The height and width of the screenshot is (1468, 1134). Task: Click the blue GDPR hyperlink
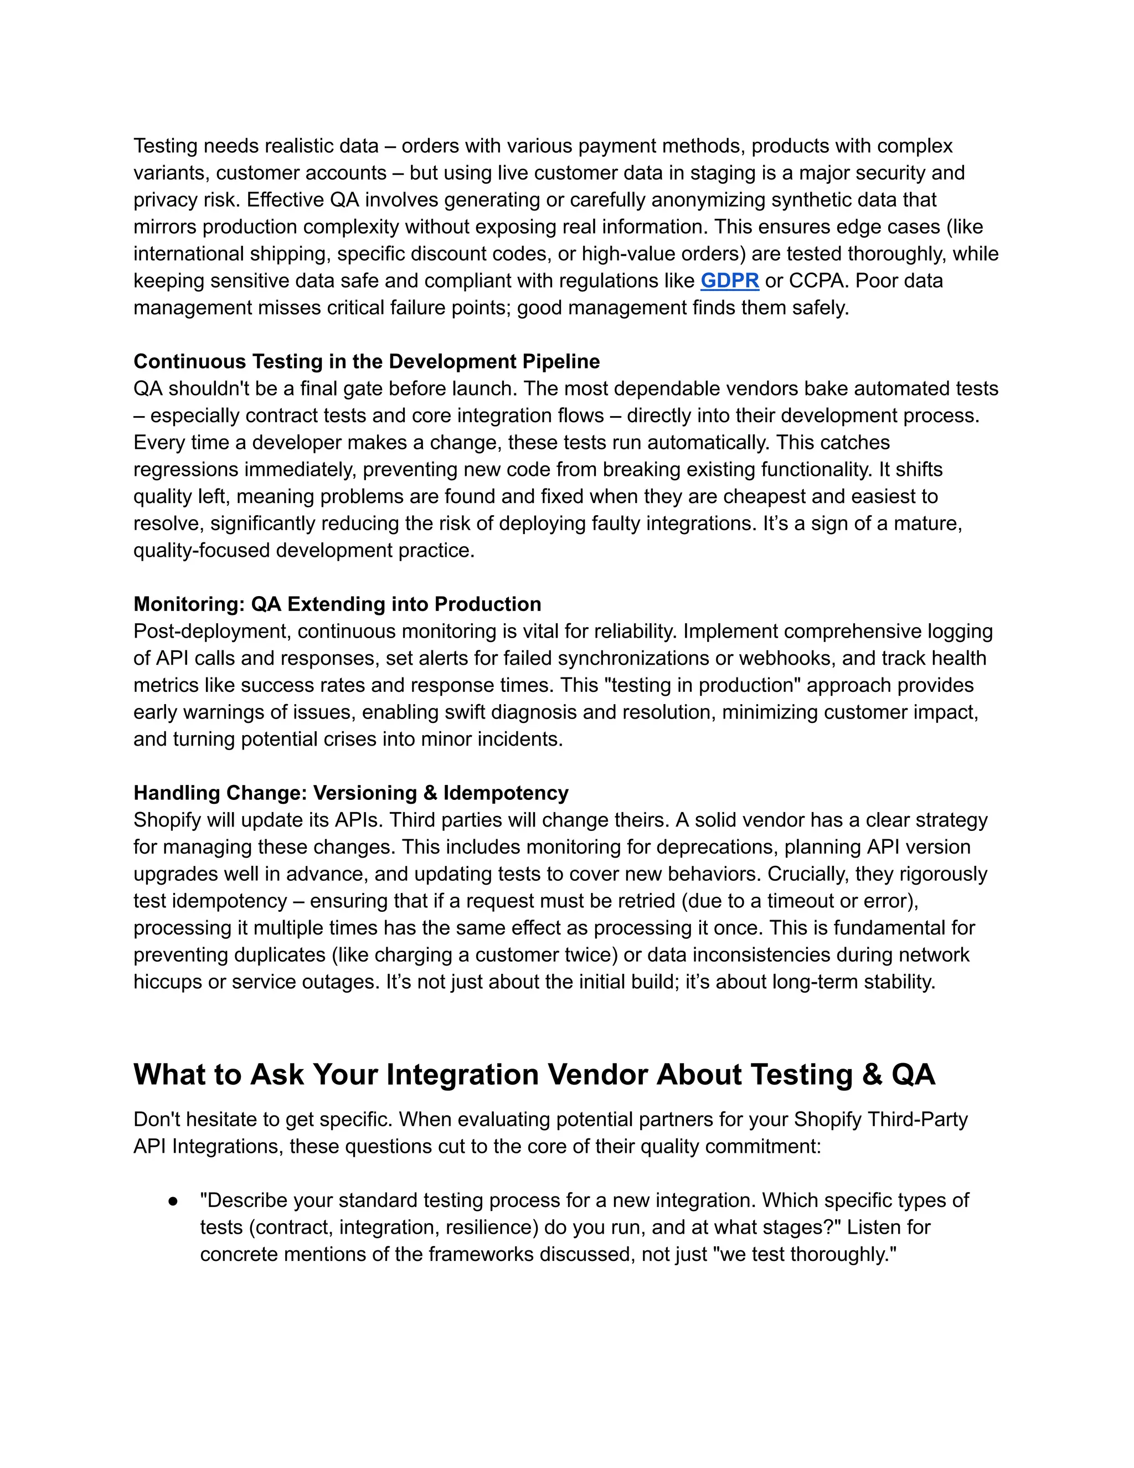pyautogui.click(x=730, y=280)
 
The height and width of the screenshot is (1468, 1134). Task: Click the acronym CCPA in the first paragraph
pyautogui.click(x=816, y=280)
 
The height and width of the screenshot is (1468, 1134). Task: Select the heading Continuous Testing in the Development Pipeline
pyautogui.click(x=366, y=361)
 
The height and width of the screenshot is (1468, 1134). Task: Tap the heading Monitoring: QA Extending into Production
pyautogui.click(x=337, y=604)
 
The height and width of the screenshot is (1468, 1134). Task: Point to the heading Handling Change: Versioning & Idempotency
pyautogui.click(x=350, y=793)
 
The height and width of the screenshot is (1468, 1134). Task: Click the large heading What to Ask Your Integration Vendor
pyautogui.click(x=534, y=1074)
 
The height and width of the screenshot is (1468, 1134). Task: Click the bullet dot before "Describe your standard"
pyautogui.click(x=173, y=1200)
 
